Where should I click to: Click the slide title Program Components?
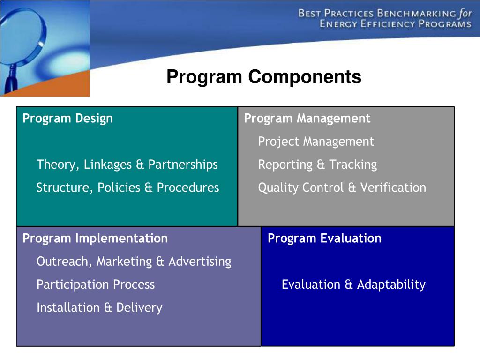pos(264,77)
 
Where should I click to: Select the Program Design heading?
pos(67,119)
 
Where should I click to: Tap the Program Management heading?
pos(307,119)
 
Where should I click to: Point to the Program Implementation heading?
pos(95,239)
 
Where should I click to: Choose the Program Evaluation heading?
pos(324,239)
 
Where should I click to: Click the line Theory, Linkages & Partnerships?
pos(127,165)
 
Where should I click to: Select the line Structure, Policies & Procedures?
pos(127,187)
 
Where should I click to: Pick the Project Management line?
pos(316,142)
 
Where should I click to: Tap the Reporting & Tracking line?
pos(317,165)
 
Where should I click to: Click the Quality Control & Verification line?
pos(342,187)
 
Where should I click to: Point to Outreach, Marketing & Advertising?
pos(134,262)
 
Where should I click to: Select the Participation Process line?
pos(96,285)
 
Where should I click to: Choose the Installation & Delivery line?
pos(99,307)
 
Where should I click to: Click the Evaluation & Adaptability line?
pos(353,285)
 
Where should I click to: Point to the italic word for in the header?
pos(465,13)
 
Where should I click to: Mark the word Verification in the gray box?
pos(393,187)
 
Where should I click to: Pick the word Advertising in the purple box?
pos(200,262)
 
